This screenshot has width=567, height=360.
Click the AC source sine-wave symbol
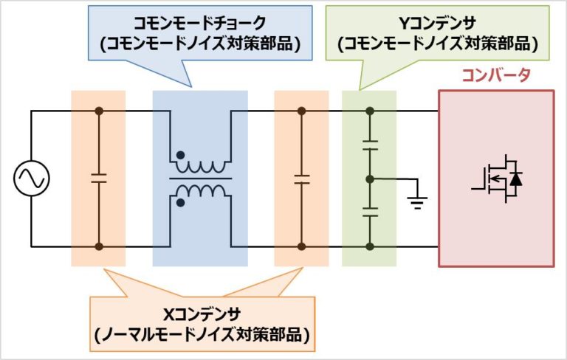tap(31, 179)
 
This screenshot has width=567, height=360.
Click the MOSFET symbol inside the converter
tap(497, 179)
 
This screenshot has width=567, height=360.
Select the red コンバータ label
tap(496, 75)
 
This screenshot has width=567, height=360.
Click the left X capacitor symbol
tap(98, 179)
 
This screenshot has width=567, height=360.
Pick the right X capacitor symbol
tap(301, 179)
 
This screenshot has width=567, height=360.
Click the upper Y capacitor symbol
tap(371, 147)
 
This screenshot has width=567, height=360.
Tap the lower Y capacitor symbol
tap(371, 212)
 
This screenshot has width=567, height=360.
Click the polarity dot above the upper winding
tap(179, 156)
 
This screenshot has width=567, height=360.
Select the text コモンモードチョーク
tap(195, 24)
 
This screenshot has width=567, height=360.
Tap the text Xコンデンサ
tap(202, 315)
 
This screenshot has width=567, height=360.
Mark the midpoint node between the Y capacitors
tap(371, 179)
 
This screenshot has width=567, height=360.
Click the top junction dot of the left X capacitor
tap(98, 111)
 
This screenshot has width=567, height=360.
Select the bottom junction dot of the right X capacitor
tap(301, 247)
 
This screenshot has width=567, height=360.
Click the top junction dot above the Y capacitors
tap(371, 111)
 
